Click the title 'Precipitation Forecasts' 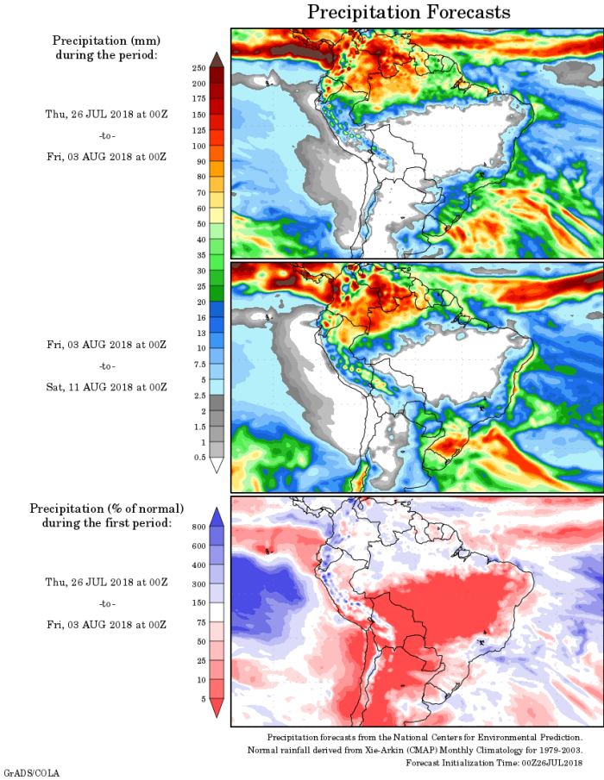[409, 12]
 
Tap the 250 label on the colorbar [198, 67]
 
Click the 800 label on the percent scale [198, 525]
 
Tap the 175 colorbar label [198, 98]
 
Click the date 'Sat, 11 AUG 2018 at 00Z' [106, 387]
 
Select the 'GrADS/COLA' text [31, 773]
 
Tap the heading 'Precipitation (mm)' [106, 41]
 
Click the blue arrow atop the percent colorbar [217, 515]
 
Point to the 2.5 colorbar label [198, 395]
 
